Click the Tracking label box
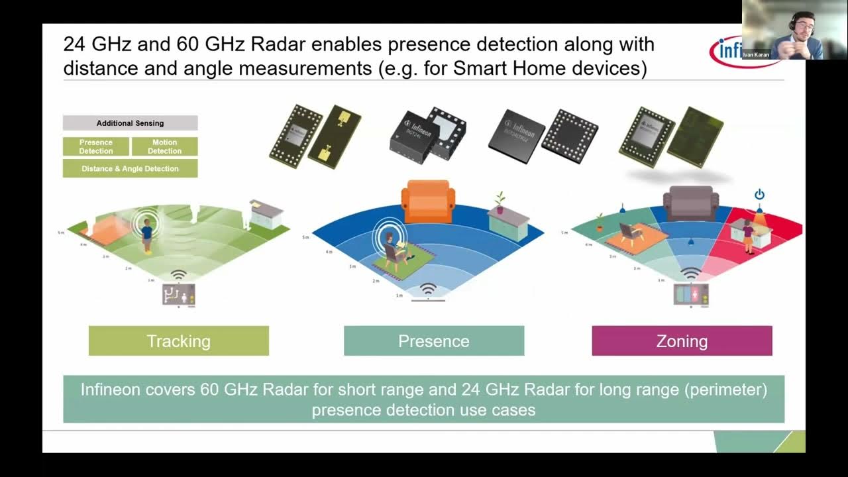[178, 341]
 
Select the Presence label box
[433, 341]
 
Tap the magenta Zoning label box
[682, 341]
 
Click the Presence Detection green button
[96, 146]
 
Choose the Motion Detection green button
[164, 146]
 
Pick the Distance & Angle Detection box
[130, 168]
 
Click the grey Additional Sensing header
[130, 123]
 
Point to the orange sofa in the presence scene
[429, 200]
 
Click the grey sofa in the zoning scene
[691, 202]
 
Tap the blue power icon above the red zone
[759, 194]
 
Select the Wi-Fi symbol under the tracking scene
[178, 275]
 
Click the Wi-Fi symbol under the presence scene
[429, 290]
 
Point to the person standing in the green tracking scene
[146, 235]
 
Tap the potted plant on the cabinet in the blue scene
[500, 201]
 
